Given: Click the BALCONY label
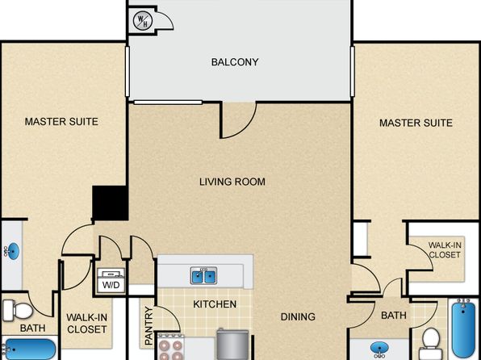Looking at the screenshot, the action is pyautogui.click(x=235, y=62).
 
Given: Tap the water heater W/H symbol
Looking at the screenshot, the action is pyautogui.click(x=143, y=20).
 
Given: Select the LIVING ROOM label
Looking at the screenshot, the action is pyautogui.click(x=232, y=182).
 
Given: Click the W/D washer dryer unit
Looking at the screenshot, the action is pyautogui.click(x=111, y=280).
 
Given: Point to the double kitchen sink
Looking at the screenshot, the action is pyautogui.click(x=203, y=275).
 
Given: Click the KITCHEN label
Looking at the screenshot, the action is pyautogui.click(x=215, y=304).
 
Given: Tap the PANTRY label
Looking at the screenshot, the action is pyautogui.click(x=148, y=325).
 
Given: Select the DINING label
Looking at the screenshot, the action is pyautogui.click(x=298, y=316).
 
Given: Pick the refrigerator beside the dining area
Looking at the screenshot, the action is pyautogui.click(x=232, y=345).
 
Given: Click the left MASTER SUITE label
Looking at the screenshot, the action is pyautogui.click(x=61, y=122).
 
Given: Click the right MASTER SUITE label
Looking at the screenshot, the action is pyautogui.click(x=416, y=123).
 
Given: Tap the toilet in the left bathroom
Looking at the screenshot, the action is pyautogui.click(x=18, y=310).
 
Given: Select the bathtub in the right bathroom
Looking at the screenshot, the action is pyautogui.click(x=464, y=329).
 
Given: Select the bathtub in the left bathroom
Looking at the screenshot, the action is pyautogui.click(x=28, y=349).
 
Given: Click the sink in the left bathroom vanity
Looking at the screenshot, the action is pyautogui.click(x=13, y=251).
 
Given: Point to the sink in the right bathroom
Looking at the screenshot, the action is pyautogui.click(x=380, y=350).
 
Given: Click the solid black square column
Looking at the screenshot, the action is pyautogui.click(x=111, y=203).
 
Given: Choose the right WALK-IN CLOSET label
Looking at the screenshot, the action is pyautogui.click(x=445, y=250).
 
